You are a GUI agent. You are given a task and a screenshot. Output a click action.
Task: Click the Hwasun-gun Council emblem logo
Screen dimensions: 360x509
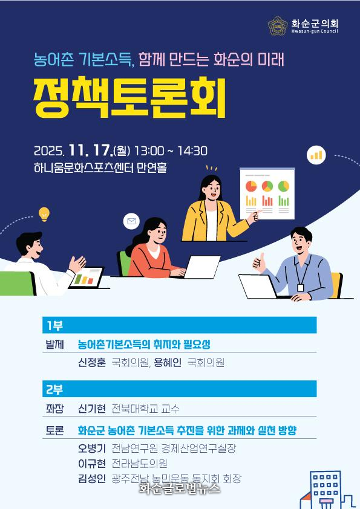point(278,26)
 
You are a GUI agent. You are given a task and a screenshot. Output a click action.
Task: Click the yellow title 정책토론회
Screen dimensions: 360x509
point(129,97)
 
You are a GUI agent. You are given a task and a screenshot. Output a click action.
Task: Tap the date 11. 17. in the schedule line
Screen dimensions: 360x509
point(90,151)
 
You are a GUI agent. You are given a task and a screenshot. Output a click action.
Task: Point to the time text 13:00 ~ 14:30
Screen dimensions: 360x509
point(171,151)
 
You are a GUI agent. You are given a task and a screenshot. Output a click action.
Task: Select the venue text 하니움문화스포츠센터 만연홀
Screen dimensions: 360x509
point(100,168)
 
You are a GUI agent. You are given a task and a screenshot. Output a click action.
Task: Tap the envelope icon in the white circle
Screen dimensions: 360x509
point(131,221)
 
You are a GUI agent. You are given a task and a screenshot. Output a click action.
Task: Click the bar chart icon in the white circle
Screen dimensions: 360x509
point(316,155)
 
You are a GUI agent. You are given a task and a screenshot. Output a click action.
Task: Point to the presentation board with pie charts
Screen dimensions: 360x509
point(267,194)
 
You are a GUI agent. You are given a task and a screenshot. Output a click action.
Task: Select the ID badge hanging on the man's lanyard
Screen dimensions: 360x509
point(300,288)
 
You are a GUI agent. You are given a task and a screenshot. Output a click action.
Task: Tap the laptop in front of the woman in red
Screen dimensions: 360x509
point(201,267)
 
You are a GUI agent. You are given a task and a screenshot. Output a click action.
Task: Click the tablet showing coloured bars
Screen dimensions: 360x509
point(87,277)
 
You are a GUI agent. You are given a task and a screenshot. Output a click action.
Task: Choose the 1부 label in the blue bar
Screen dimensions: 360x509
point(54,325)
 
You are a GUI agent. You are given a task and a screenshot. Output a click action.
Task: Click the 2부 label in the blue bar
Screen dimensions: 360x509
point(54,389)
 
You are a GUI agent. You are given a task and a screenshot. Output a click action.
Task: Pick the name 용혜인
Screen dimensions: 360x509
point(168,362)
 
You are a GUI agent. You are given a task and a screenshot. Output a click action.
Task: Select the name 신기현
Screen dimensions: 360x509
point(92,409)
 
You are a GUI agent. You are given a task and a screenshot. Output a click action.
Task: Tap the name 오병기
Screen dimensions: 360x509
point(92,449)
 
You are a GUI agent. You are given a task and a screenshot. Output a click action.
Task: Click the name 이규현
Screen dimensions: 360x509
point(92,463)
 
